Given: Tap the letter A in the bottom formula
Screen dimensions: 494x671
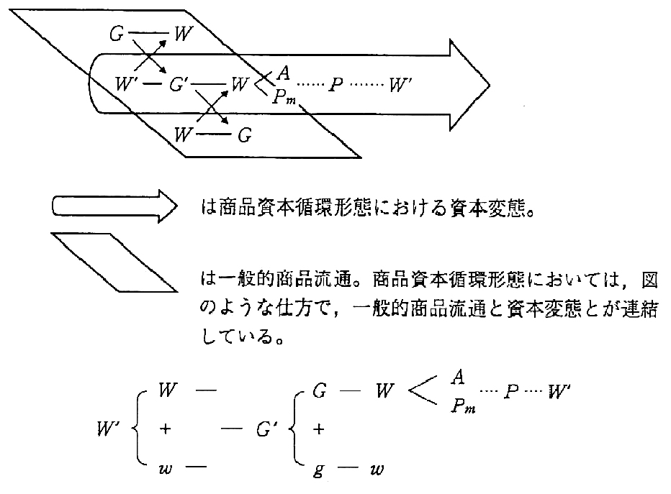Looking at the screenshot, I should [459, 377].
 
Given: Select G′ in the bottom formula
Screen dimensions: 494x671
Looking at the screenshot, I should [261, 431].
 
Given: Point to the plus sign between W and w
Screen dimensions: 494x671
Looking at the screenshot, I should [166, 431].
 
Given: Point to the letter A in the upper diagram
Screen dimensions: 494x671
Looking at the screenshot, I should [284, 73].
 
